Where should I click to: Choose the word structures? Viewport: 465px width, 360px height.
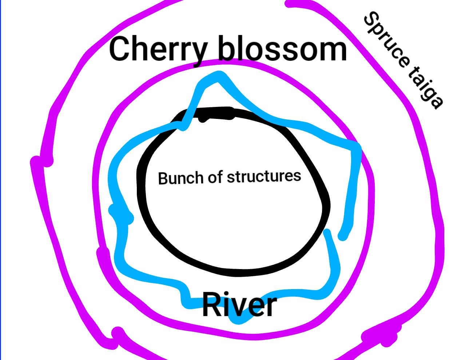pos(264,176)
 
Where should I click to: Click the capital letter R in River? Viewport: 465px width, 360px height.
pos(211,305)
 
